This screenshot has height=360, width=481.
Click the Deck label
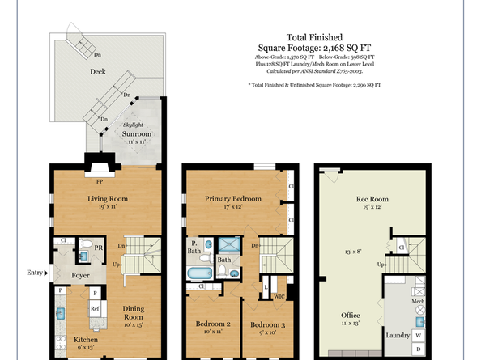click(x=97, y=71)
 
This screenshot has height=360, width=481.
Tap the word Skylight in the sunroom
click(x=133, y=125)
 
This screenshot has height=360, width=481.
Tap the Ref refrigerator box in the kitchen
click(x=95, y=308)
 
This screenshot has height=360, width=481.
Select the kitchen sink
click(x=60, y=312)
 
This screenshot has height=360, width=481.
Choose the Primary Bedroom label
click(x=232, y=198)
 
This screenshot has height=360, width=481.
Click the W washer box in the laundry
click(x=418, y=335)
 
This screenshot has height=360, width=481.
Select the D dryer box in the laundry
click(x=418, y=350)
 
